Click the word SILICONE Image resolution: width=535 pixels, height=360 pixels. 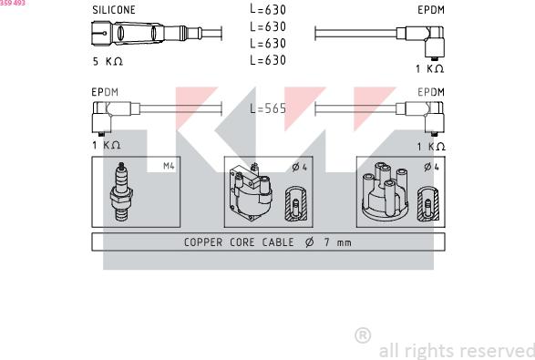click(x=114, y=9)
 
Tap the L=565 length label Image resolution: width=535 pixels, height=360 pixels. click(x=268, y=108)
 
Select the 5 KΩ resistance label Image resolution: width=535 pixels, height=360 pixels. click(x=108, y=61)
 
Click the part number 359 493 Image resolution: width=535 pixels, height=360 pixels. click(x=13, y=3)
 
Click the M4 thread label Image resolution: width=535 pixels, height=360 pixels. click(x=169, y=166)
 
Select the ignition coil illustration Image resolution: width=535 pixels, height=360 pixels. click(x=252, y=192)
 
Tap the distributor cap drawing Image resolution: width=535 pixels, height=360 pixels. click(x=385, y=191)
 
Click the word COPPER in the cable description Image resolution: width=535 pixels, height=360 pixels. click(x=203, y=242)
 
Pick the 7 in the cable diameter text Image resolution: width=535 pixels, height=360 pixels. click(x=327, y=242)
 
